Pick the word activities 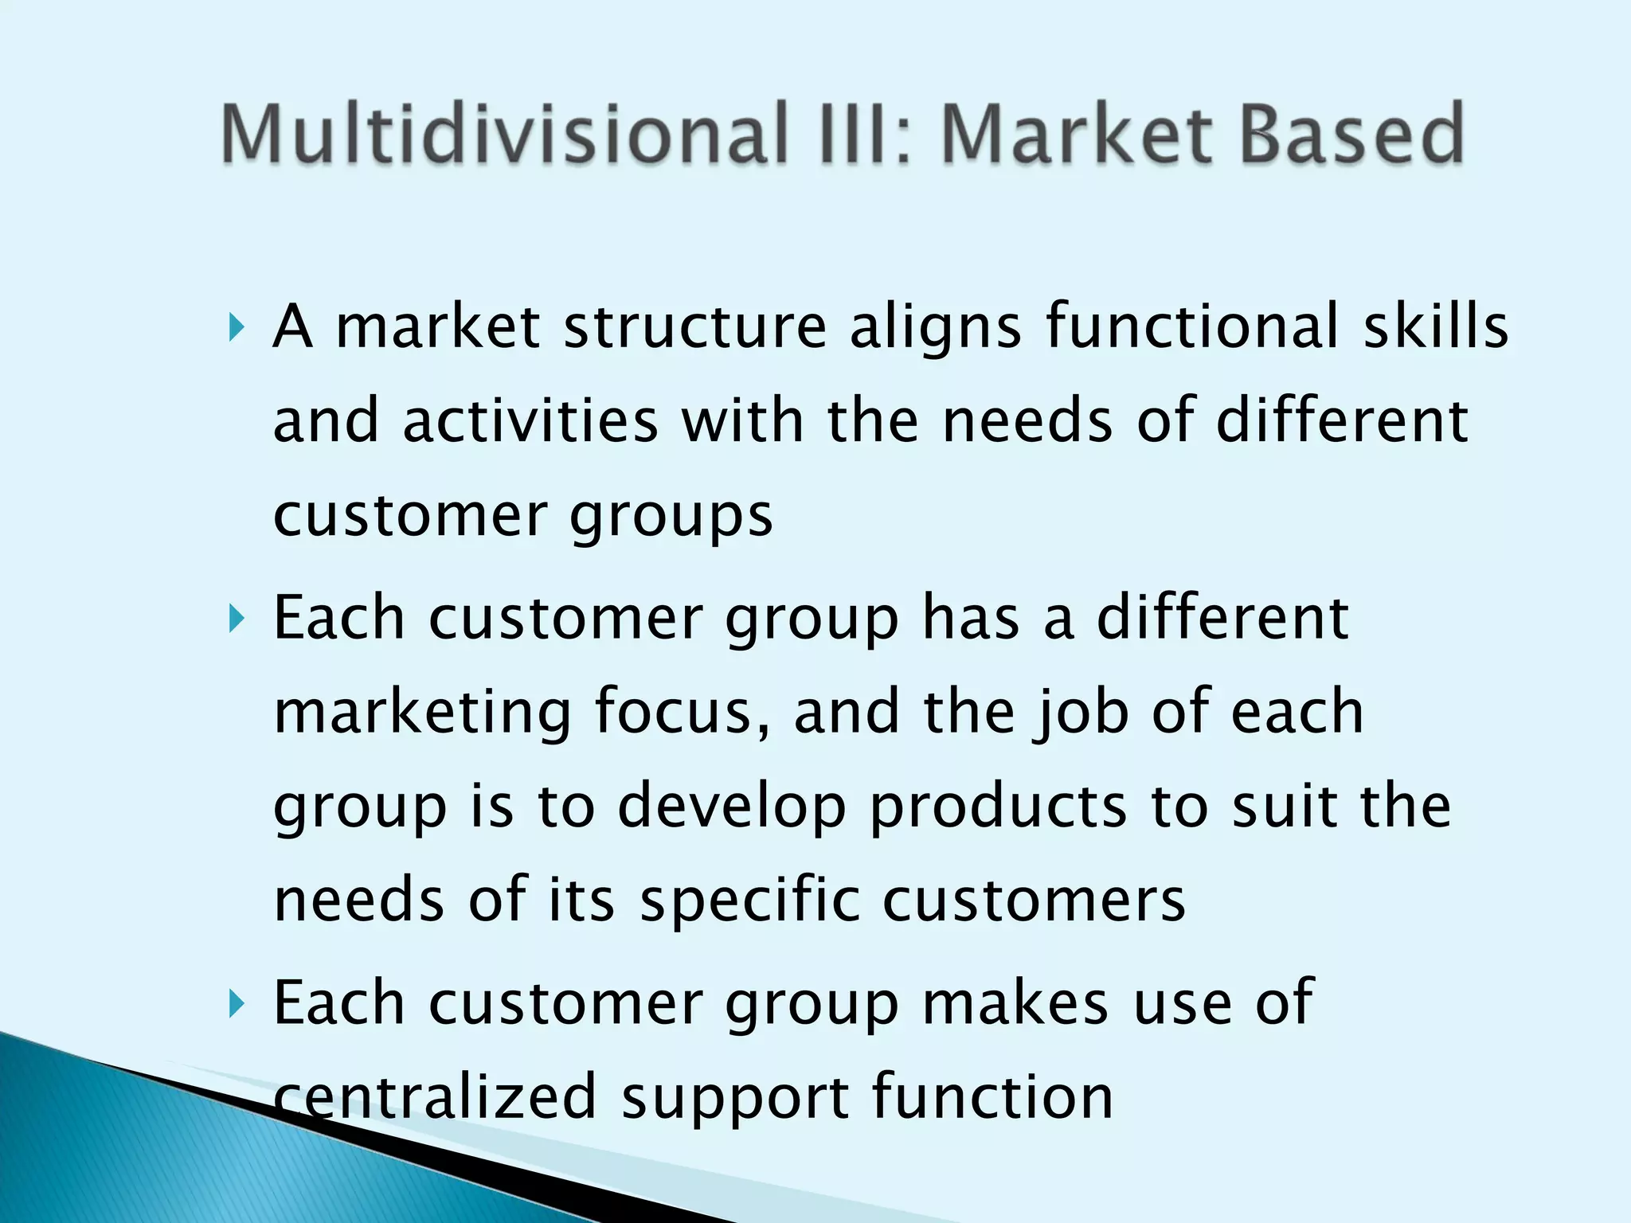click(530, 421)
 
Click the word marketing click(422, 713)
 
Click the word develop click(731, 807)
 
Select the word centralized click(435, 1097)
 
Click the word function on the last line click(992, 1097)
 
